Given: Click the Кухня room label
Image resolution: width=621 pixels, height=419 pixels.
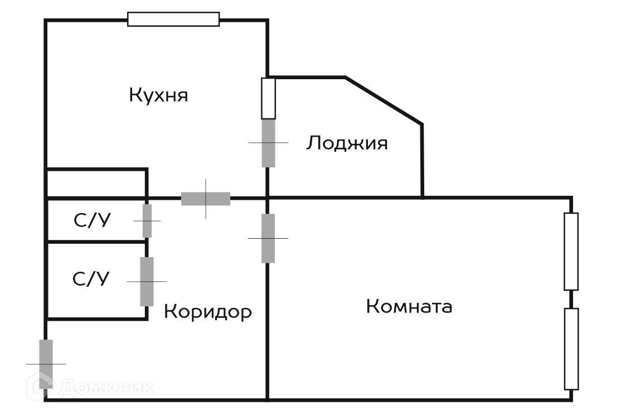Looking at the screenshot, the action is pos(158,95).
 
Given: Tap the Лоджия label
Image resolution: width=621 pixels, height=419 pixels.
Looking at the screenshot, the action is pos(346,143).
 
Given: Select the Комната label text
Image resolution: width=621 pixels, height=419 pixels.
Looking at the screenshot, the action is pos(409,306).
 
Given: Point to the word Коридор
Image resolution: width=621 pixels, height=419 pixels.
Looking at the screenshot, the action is pos(207,311).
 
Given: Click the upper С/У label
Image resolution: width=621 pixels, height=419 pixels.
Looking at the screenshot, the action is pos(92,221).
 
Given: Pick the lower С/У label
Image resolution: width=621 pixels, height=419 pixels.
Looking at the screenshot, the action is pos(91,278).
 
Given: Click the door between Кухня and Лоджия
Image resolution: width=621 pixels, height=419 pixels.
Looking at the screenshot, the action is pos(269,143).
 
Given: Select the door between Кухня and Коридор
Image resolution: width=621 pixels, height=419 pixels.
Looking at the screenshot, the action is pos(206,199).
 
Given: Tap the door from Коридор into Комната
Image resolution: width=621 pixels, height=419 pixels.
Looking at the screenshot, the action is pos(268,238).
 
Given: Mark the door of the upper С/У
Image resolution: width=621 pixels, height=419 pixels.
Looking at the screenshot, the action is pos(147,221).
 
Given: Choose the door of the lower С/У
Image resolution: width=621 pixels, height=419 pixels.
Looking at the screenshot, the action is pos(147,281).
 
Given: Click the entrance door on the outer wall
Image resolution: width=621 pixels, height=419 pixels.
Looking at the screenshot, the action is pos(46,363).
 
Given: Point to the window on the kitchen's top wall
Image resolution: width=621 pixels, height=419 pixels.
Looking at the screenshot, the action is pos(173,20).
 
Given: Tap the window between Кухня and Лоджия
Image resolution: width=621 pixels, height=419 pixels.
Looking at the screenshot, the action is pos(269,98).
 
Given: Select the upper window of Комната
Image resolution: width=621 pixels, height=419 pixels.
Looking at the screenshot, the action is pos(571,251).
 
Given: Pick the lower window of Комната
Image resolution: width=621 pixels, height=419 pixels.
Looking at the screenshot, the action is pos(571,349).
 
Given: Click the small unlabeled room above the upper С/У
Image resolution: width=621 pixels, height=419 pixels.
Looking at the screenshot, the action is pos(96,183).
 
